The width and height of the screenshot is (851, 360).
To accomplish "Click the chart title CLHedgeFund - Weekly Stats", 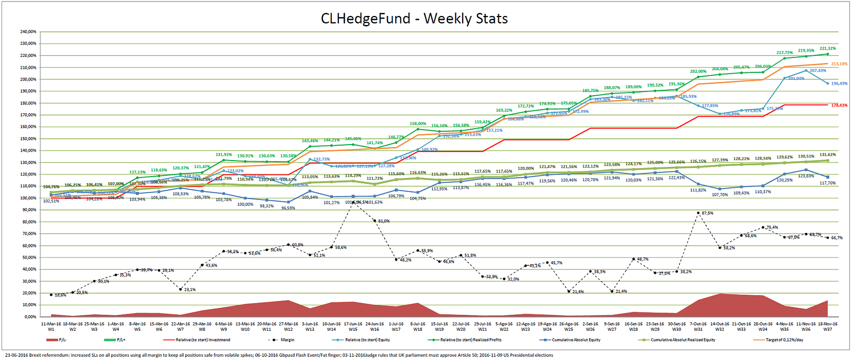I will tap(414, 19).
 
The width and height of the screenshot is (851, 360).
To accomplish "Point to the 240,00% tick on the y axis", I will tap(28, 32).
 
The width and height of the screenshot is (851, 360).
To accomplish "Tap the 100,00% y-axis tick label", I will tap(28, 198).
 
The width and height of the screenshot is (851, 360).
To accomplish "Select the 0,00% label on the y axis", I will tap(30, 317).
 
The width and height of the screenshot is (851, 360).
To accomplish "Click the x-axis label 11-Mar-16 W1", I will tap(51, 326).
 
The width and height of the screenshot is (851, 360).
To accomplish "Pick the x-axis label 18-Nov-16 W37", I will tap(827, 326).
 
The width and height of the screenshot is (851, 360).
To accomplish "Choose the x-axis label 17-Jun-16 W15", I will tap(353, 326).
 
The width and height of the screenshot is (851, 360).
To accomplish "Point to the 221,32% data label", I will tap(827, 48).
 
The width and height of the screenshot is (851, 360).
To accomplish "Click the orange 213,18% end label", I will tap(839, 64).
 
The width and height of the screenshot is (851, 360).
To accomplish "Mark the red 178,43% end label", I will tap(839, 105).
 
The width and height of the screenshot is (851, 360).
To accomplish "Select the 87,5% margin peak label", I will tap(707, 213).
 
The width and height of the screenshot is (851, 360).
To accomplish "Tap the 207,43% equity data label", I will tap(818, 71).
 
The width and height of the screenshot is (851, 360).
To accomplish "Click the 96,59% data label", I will tap(288, 208).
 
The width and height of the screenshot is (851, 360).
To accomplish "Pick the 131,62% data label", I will tap(827, 155).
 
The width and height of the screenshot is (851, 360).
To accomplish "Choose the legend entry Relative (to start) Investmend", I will tap(203, 340).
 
